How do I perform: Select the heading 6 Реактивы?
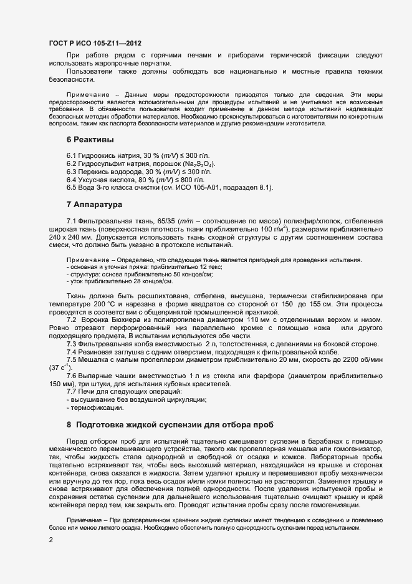click(x=90, y=139)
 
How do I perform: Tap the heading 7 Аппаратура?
click(x=94, y=204)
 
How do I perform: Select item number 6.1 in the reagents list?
click(x=72, y=155)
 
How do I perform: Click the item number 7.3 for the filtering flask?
click(x=72, y=343)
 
